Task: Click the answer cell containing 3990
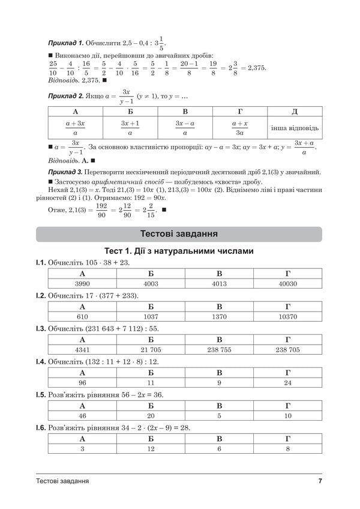[x=82, y=283]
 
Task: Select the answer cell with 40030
[x=287, y=283]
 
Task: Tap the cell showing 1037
[x=151, y=316]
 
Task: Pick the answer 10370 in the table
[x=287, y=316]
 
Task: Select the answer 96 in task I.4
[x=82, y=382]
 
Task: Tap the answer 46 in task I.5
[x=82, y=415]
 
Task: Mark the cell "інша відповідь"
[x=295, y=128]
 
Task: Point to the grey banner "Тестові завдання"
[x=179, y=233]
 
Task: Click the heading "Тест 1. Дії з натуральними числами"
[x=179, y=251]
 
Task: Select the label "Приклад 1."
[x=65, y=44]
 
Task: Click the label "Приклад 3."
[x=65, y=172]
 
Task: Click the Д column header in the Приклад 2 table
[x=295, y=112]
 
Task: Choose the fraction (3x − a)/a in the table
[x=185, y=128]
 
